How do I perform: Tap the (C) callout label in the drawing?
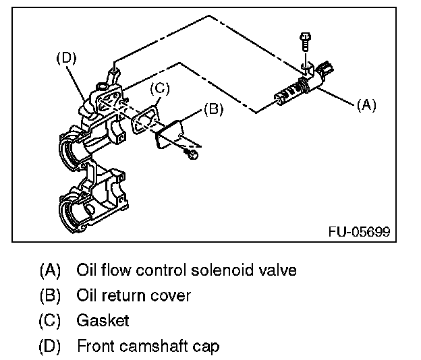(x=157, y=88)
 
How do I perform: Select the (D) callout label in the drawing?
(x=65, y=58)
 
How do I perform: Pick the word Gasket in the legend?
(x=103, y=322)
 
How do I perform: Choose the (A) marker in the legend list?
(x=51, y=270)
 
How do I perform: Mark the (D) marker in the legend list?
(x=51, y=347)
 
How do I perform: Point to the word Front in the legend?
(x=94, y=347)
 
